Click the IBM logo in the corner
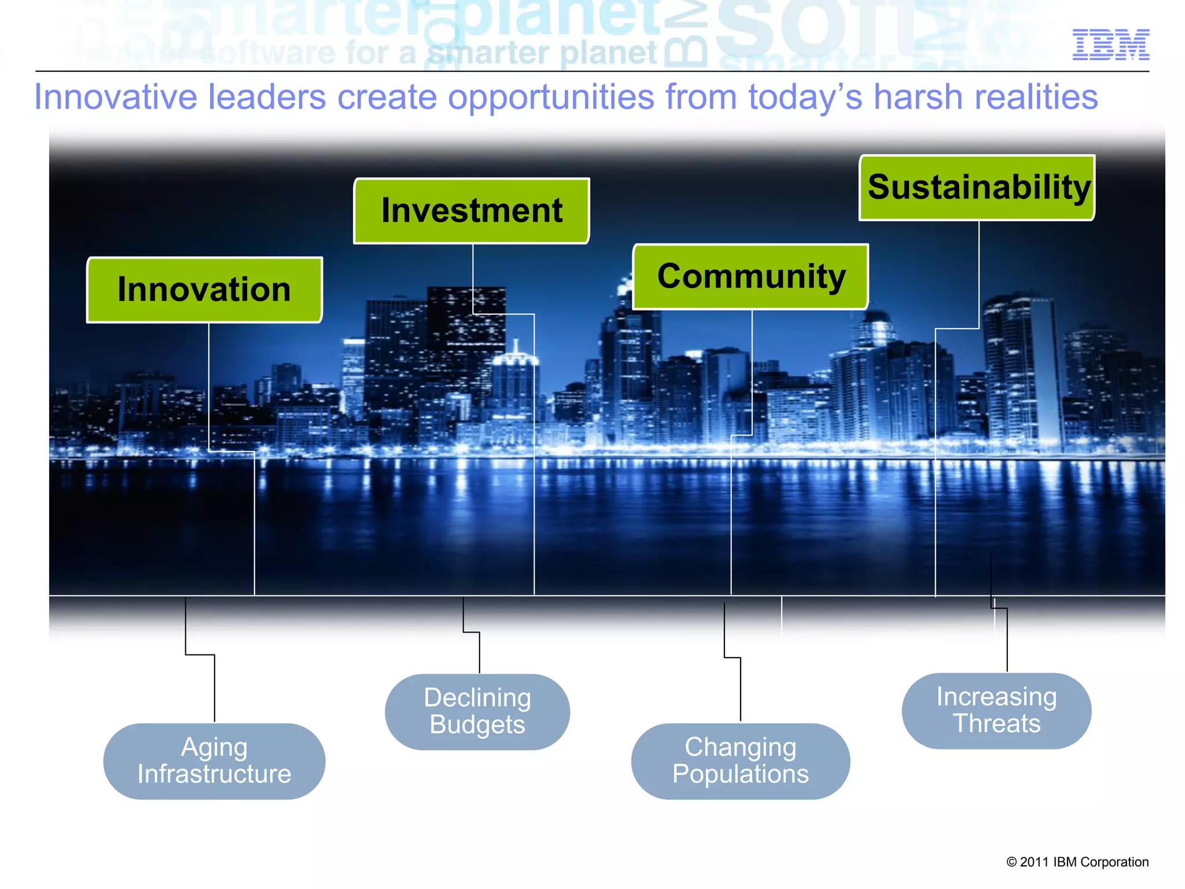[x=1110, y=45]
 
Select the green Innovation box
[x=204, y=290]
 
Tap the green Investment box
[x=472, y=211]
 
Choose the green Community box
[x=750, y=277]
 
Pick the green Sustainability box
[x=977, y=188]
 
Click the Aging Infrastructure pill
[x=214, y=761]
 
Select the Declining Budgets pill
[x=477, y=712]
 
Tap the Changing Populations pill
[x=741, y=761]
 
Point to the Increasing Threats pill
[x=996, y=711]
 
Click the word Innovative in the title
[x=115, y=97]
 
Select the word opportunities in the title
[x=550, y=97]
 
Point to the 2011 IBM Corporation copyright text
[x=1077, y=862]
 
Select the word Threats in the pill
[x=996, y=724]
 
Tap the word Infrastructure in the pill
[x=214, y=774]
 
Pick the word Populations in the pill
[x=741, y=774]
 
